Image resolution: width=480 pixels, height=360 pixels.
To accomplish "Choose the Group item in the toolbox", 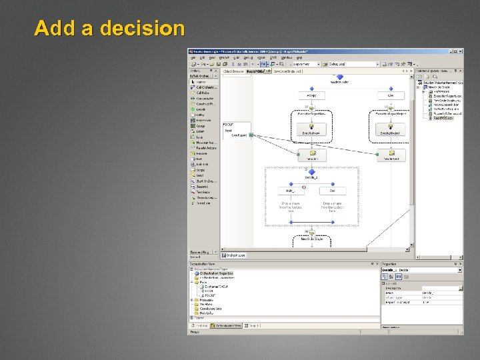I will tap(201, 126).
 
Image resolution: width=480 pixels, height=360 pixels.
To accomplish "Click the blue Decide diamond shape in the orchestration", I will tap(311, 171).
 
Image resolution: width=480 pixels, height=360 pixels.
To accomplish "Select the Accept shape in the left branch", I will tap(311, 95).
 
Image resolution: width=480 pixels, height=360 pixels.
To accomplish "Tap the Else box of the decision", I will tap(332, 191).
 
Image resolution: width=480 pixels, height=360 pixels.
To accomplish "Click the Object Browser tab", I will tap(233, 71).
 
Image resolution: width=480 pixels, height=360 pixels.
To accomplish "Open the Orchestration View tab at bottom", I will tap(228, 325).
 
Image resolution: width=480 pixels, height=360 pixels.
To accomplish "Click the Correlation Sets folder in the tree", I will tap(211, 308).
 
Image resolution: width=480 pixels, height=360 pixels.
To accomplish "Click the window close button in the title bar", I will tap(461, 52).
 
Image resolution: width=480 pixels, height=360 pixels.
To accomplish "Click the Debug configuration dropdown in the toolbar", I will tap(353, 65).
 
